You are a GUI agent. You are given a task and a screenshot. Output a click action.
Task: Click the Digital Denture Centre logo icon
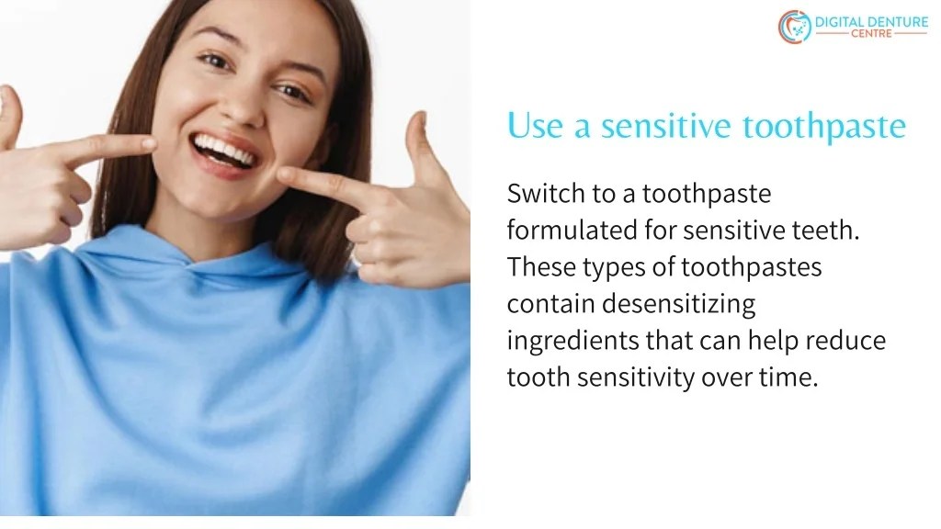point(795,27)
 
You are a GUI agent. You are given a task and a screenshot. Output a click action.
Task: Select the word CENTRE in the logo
point(871,34)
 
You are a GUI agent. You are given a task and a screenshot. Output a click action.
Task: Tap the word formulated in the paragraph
point(561,231)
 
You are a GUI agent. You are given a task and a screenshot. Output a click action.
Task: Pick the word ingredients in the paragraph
point(573,342)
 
